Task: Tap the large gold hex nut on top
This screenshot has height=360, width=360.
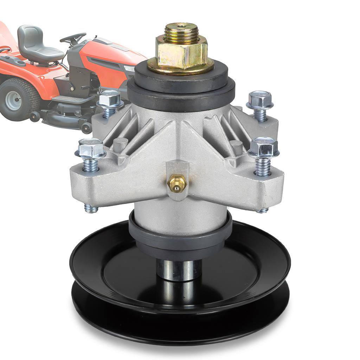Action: (x=181, y=52)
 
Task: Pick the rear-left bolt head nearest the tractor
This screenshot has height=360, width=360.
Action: (x=110, y=99)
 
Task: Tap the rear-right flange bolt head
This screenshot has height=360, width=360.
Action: (x=260, y=99)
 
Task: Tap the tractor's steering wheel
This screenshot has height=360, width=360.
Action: (x=73, y=38)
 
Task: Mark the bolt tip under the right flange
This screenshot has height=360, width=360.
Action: (x=262, y=210)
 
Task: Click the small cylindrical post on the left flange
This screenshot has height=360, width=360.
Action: (x=120, y=144)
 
